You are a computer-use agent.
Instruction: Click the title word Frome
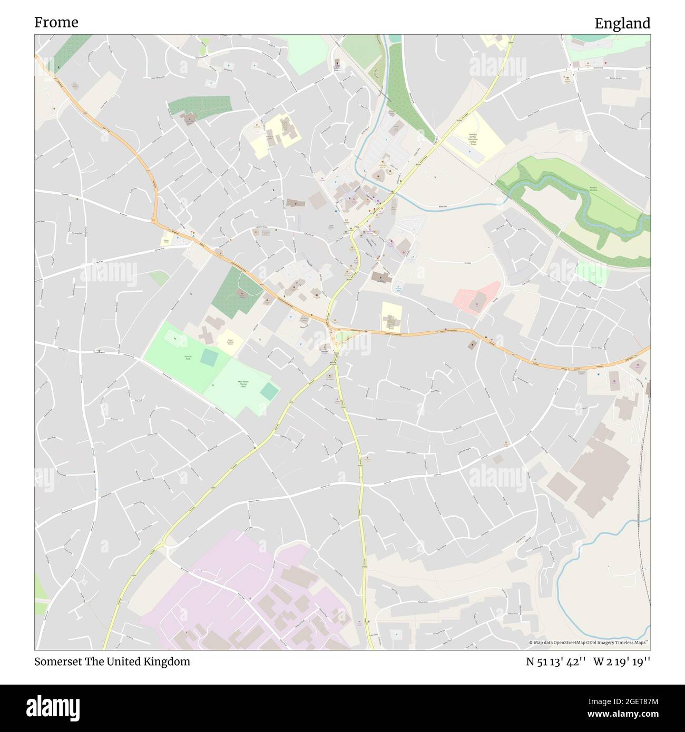(56, 22)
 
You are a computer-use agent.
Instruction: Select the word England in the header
(622, 23)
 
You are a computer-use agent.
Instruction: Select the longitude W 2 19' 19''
(622, 661)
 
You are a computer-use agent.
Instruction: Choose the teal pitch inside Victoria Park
(209, 359)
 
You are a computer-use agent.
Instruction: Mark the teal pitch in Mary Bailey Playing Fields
(270, 391)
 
